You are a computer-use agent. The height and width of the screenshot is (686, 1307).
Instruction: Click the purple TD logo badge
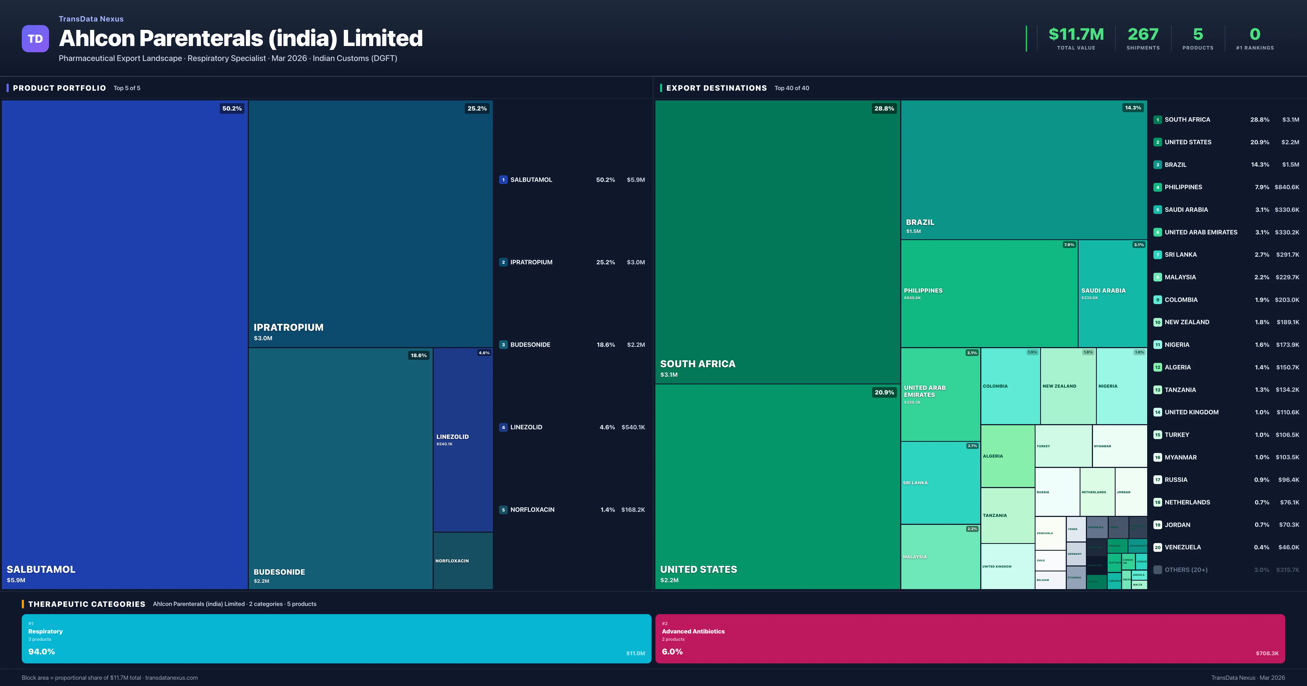[35, 39]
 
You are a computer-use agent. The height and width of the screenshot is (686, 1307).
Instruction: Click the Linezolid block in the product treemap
[463, 439]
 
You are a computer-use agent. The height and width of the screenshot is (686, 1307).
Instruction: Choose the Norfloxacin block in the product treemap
[463, 561]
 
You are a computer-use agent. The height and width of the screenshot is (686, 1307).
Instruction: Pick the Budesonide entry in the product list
[530, 345]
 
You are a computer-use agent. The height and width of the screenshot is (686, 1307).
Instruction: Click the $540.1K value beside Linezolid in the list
[633, 427]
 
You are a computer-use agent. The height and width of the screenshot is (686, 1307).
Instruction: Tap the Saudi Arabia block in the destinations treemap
[1112, 293]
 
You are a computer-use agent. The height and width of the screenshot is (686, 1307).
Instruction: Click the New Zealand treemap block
[1068, 386]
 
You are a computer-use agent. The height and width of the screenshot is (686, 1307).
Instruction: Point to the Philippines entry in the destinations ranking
[1183, 187]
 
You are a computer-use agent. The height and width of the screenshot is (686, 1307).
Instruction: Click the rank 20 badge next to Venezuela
[1157, 547]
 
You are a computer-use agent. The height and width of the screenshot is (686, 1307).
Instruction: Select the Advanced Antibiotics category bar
[970, 638]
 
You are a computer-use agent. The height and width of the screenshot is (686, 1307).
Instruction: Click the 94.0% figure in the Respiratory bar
[42, 651]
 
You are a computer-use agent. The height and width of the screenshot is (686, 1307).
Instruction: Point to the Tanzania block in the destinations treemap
[1007, 516]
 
